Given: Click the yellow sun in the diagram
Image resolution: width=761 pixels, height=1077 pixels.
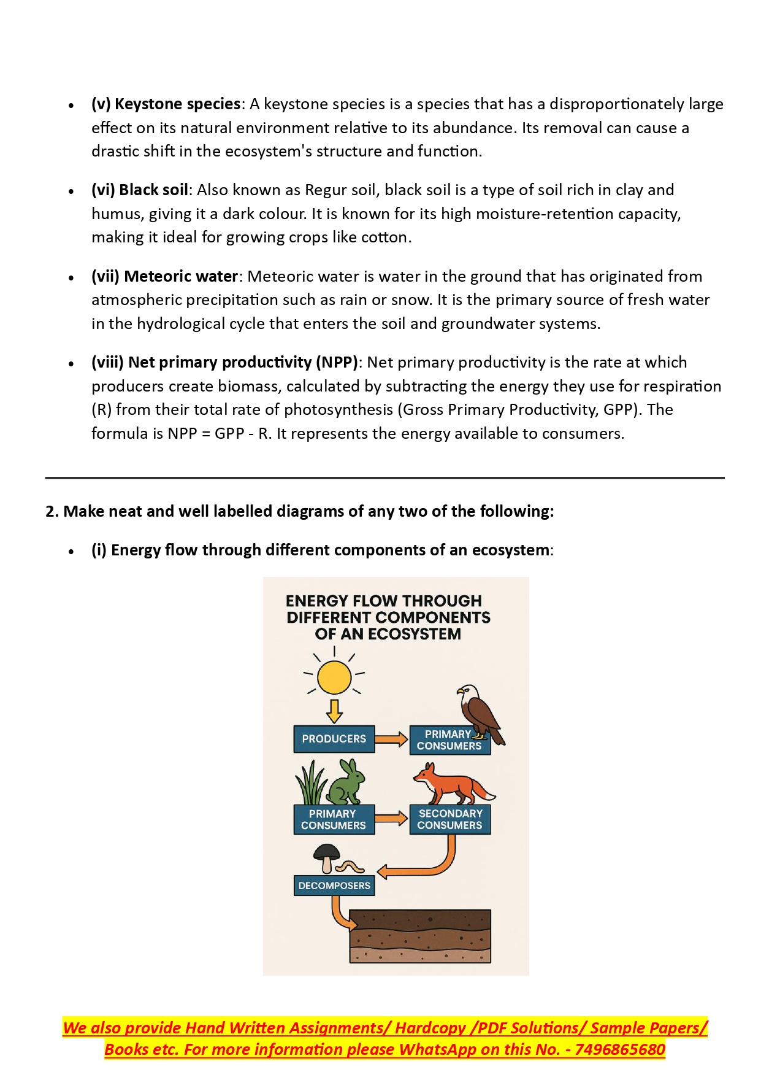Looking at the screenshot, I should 334,677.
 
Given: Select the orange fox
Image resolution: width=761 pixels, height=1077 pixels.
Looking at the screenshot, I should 453,784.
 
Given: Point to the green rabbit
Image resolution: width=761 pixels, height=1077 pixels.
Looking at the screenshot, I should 347,784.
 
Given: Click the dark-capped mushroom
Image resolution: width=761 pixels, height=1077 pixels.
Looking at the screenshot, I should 327,855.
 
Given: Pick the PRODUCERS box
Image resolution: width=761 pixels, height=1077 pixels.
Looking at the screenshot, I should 334,739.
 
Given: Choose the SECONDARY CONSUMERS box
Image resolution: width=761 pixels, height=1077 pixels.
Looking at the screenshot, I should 450,820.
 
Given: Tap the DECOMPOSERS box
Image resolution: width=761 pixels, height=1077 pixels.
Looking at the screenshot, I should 334,886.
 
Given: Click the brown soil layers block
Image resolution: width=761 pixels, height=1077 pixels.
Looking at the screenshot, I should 420,936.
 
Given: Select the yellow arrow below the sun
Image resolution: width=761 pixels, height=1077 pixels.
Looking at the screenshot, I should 334,710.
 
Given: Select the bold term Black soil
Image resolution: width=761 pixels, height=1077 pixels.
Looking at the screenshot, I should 153,190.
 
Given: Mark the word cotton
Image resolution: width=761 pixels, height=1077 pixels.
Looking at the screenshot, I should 384,237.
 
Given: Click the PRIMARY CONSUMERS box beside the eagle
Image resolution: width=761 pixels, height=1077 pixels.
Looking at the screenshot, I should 449,740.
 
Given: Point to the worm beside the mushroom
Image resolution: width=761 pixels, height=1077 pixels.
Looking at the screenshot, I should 351,867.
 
